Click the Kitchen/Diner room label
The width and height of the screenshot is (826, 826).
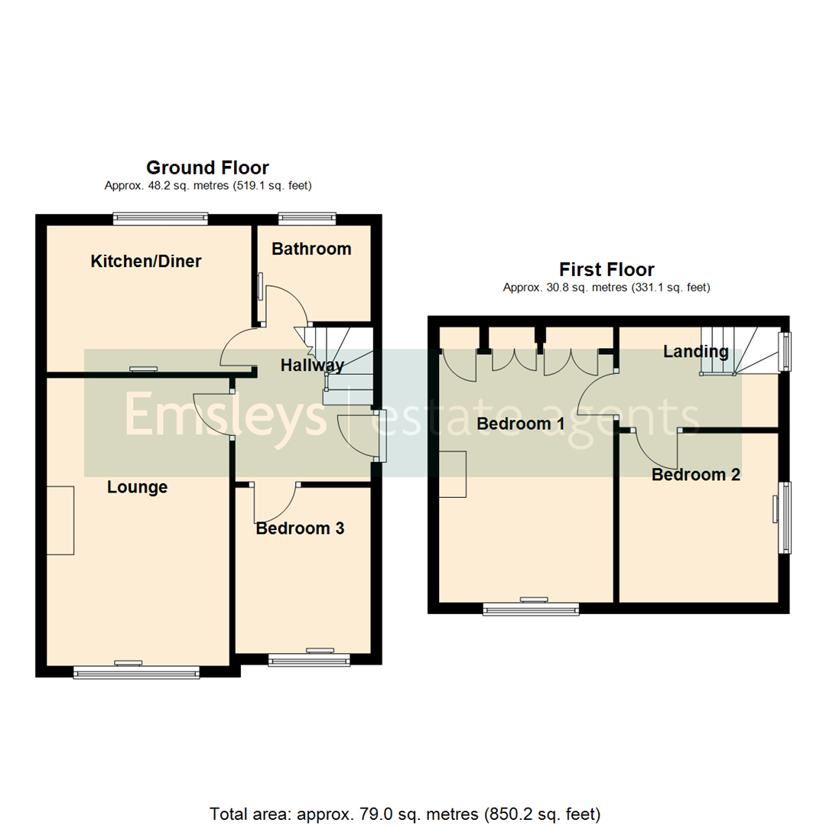click(x=146, y=262)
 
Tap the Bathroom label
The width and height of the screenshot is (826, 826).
click(x=311, y=249)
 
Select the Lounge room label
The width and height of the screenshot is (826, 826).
click(x=137, y=487)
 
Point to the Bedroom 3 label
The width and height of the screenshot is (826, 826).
click(x=300, y=528)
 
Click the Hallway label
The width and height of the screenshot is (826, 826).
click(x=312, y=366)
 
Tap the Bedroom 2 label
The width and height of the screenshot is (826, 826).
click(x=696, y=474)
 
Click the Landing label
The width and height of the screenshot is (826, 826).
click(x=695, y=352)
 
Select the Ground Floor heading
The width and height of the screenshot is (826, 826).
click(x=207, y=167)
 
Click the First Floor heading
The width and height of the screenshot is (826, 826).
click(x=606, y=269)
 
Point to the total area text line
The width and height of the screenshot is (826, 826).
click(x=405, y=813)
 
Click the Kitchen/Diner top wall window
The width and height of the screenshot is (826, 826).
click(x=160, y=220)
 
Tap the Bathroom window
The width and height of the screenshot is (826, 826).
click(x=307, y=220)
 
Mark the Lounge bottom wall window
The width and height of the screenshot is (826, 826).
click(x=137, y=672)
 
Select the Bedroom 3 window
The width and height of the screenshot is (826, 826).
click(x=309, y=659)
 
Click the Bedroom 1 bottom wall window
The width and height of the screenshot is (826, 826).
click(x=531, y=609)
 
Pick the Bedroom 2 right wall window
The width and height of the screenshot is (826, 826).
click(x=784, y=517)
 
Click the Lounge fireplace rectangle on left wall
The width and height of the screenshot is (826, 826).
click(x=60, y=520)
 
